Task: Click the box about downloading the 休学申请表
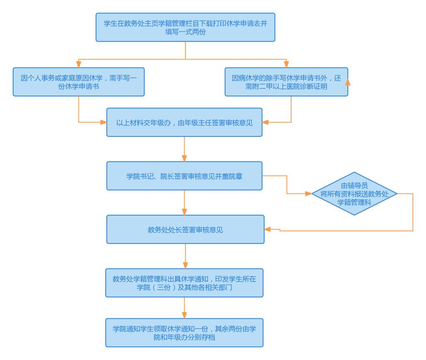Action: coord(185,27)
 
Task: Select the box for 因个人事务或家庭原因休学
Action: coord(78,82)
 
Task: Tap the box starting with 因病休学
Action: coord(286,82)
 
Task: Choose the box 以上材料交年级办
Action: coord(184,122)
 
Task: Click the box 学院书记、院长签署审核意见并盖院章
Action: coord(184,176)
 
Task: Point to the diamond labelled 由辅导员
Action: coord(354,194)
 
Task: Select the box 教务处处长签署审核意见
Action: coord(185,229)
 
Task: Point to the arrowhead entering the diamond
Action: coord(309,194)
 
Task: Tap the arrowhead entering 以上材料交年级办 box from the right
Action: coord(265,122)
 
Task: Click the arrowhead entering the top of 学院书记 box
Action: coord(184,159)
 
